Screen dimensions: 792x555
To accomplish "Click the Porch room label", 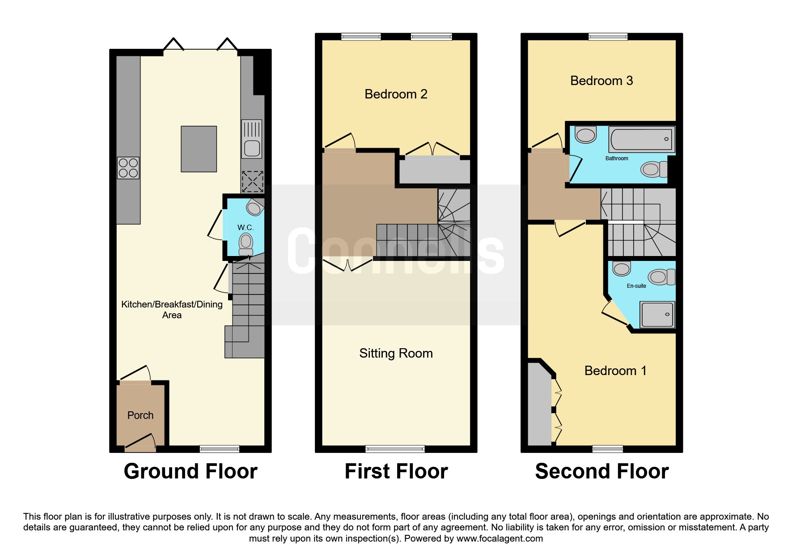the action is click(140, 415).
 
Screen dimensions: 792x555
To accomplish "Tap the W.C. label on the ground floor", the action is click(246, 227).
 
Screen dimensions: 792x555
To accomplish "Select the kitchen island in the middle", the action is click(199, 149).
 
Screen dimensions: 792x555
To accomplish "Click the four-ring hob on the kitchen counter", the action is click(128, 168).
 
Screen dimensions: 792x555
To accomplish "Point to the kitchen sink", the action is click(252, 139).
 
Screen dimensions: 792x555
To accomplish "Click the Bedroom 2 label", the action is click(396, 94).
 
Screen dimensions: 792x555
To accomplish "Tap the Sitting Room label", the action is click(396, 354).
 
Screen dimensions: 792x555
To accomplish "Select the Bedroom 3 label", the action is click(601, 81).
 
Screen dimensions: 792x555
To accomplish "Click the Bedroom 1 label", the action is click(615, 371).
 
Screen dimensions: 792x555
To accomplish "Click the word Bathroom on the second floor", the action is click(617, 158).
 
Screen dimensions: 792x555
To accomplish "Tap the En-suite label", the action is click(636, 286).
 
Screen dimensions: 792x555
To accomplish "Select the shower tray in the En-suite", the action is click(658, 314).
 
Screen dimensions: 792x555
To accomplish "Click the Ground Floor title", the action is click(191, 471).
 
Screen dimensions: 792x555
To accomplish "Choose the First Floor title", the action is click(396, 471).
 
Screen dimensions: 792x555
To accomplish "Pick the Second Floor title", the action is click(602, 471).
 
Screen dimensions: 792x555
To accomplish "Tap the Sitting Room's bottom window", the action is click(395, 449).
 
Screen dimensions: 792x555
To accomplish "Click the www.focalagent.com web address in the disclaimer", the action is click(500, 538).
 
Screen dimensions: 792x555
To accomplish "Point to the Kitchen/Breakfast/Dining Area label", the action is click(172, 310).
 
